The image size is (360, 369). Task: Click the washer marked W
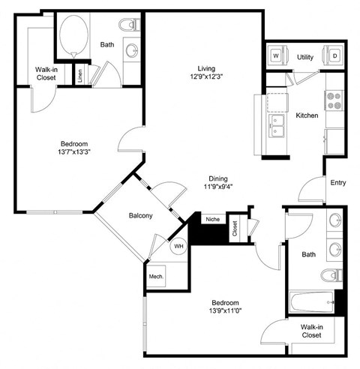click(276, 55)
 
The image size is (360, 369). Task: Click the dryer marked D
click(333, 55)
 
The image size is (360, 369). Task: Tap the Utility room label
click(304, 57)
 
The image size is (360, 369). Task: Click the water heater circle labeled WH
click(178, 245)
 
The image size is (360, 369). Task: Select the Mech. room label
click(156, 275)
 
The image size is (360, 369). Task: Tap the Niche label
click(212, 220)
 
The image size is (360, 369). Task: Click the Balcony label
click(140, 216)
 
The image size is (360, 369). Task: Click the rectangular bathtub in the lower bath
click(309, 303)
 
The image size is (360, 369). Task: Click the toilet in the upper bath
click(134, 26)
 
